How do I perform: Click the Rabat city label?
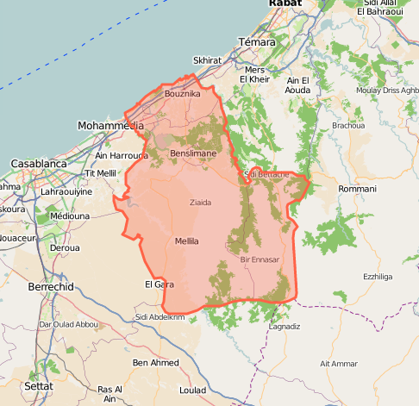(x=285, y=4)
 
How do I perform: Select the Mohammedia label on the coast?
(x=110, y=126)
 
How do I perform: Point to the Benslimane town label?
(x=193, y=153)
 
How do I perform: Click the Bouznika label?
(x=182, y=93)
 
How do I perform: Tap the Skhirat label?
(x=207, y=60)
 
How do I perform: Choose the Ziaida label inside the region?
(x=200, y=203)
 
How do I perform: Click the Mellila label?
(x=186, y=241)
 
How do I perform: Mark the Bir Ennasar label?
(x=260, y=259)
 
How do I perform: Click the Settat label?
(x=39, y=385)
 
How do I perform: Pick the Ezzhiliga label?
(x=377, y=277)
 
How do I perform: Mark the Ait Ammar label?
(x=338, y=364)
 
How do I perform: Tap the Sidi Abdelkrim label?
(x=160, y=317)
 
